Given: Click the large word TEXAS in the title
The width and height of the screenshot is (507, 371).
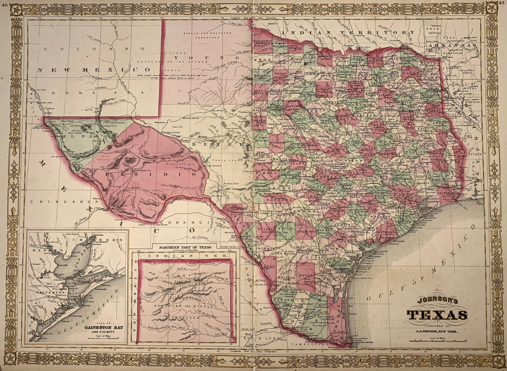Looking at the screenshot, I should pyautogui.click(x=437, y=316).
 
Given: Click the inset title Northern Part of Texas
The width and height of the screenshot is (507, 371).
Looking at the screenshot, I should pyautogui.click(x=185, y=247).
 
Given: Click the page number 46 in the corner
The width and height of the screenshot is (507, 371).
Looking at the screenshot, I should pyautogui.click(x=4, y=4).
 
